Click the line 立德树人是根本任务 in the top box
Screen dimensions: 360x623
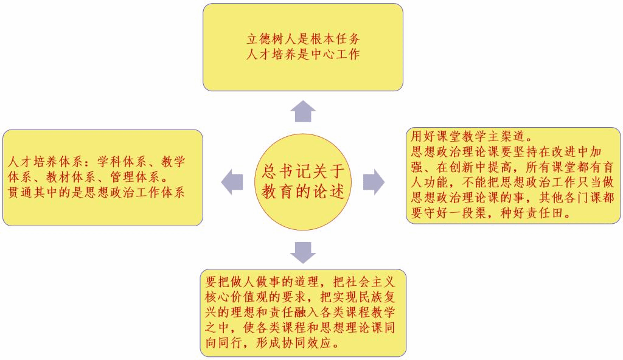point(302,38)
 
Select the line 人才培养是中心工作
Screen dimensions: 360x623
point(302,54)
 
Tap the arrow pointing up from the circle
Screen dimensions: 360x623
point(303,111)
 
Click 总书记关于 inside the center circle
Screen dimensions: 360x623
point(302,170)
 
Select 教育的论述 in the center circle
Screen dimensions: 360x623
point(302,192)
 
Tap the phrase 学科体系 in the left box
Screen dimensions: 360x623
point(121,162)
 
